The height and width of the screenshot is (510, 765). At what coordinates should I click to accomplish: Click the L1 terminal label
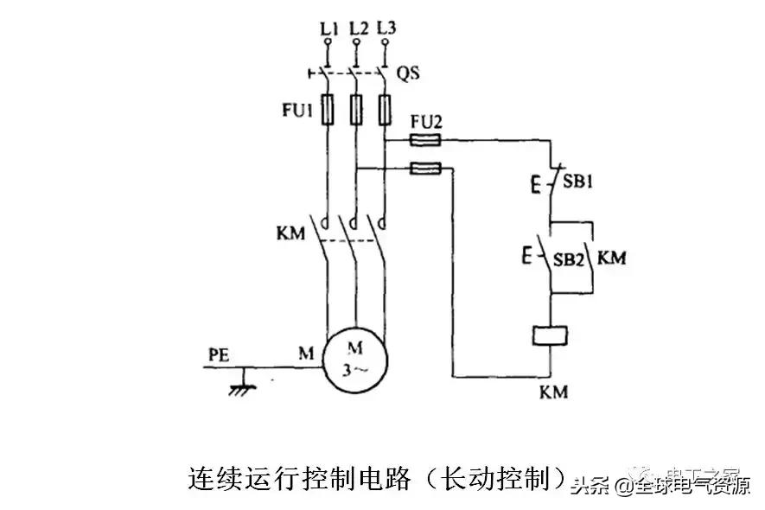point(328,29)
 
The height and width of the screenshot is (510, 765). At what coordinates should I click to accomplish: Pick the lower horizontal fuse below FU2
point(425,169)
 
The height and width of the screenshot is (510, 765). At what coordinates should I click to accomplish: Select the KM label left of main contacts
point(291,234)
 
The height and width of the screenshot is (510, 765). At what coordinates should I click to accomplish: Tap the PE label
point(220,354)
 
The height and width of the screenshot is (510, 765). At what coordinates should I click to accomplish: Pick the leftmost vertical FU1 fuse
point(328,111)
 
